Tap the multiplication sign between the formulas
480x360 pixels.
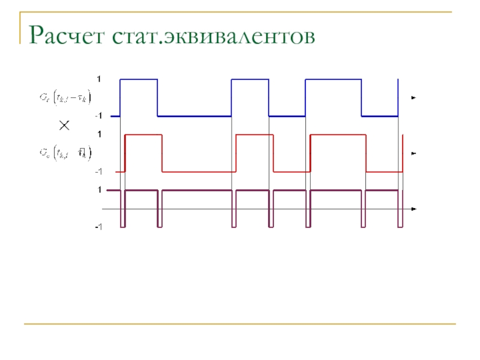pyautogui.click(x=64, y=125)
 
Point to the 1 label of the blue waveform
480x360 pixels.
pyautogui.click(x=100, y=79)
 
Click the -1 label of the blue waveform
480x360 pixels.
pyautogui.click(x=98, y=116)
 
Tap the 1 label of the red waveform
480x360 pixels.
pyautogui.click(x=100, y=134)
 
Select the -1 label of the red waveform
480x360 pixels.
pyautogui.click(x=98, y=172)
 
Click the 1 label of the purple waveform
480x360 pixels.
pyautogui.click(x=100, y=190)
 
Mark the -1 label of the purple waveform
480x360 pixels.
pyautogui.click(x=98, y=227)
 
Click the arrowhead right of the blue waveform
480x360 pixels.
pyautogui.click(x=413, y=97)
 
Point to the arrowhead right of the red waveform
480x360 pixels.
pyautogui.click(x=413, y=154)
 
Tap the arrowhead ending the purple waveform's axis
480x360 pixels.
pyautogui.click(x=413, y=209)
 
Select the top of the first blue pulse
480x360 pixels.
pyautogui.click(x=139, y=79)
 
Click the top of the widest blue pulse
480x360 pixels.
pyautogui.click(x=333, y=79)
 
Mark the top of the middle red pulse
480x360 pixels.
pyautogui.click(x=255, y=135)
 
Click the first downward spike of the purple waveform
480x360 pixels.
pyautogui.click(x=123, y=226)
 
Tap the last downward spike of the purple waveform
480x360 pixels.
pyautogui.click(x=400, y=226)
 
